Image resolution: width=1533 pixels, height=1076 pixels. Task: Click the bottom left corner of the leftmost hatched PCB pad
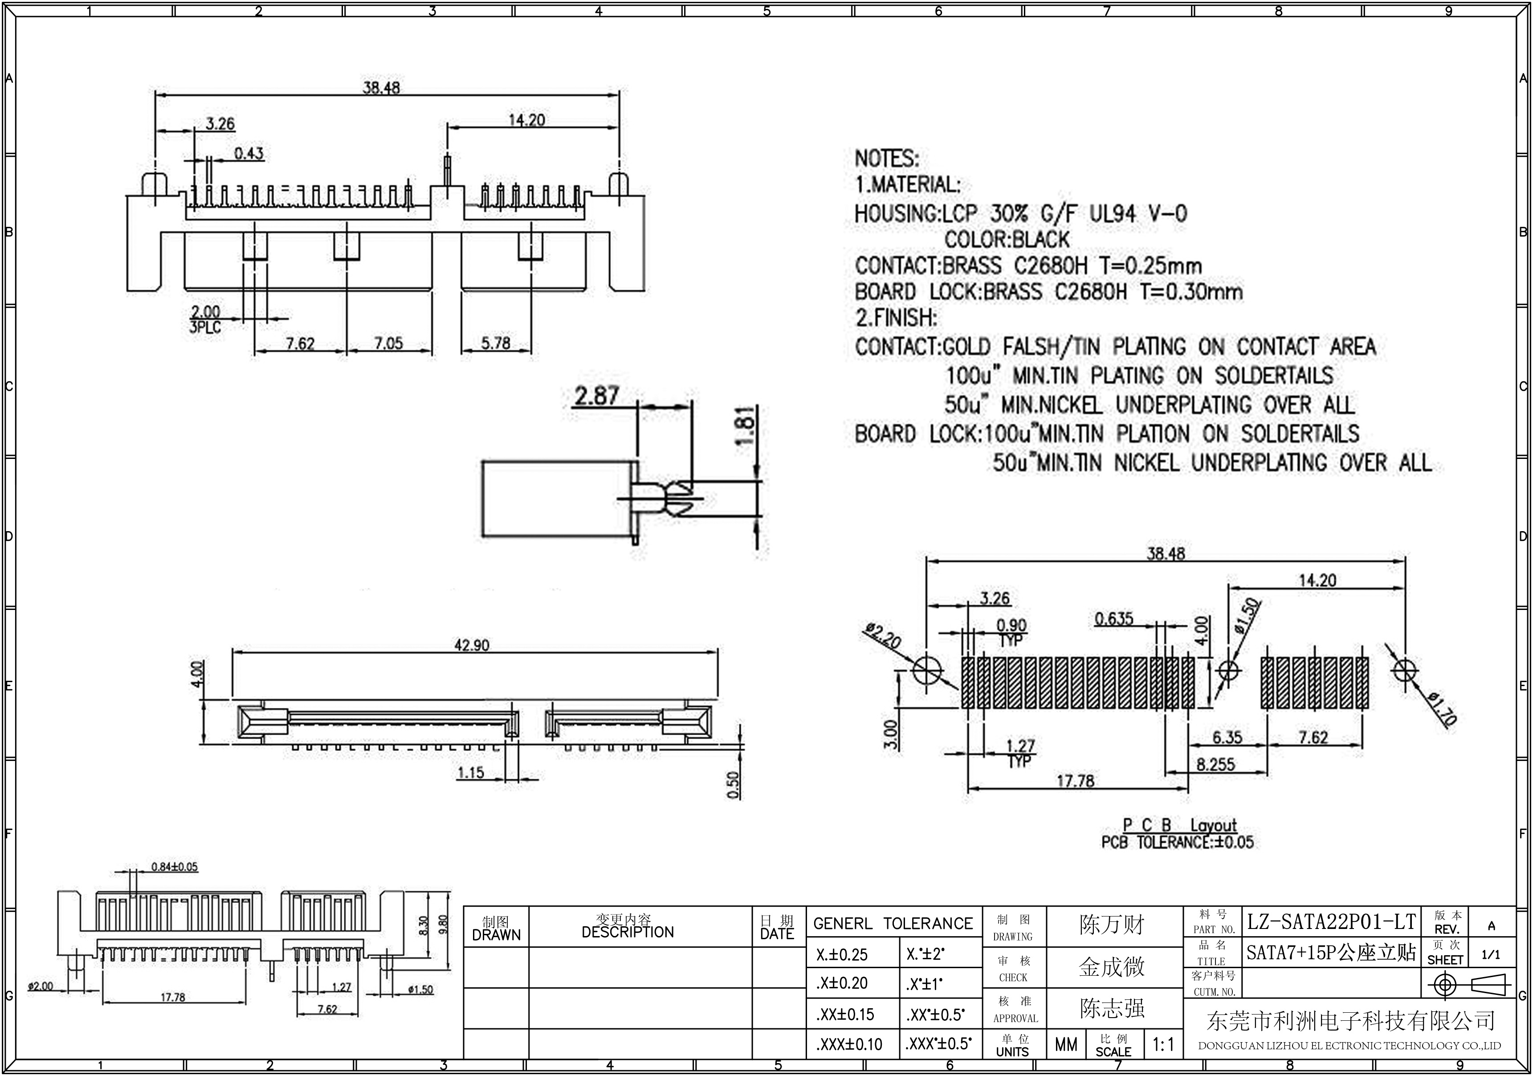(962, 708)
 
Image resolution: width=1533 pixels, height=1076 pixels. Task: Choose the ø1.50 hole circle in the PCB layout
(1228, 670)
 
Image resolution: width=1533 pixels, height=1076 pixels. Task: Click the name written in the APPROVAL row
(1112, 1008)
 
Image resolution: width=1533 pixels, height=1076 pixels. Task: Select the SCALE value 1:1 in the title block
(1163, 1044)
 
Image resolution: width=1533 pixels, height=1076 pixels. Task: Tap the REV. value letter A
(1491, 926)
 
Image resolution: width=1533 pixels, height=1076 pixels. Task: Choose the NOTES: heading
(887, 159)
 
